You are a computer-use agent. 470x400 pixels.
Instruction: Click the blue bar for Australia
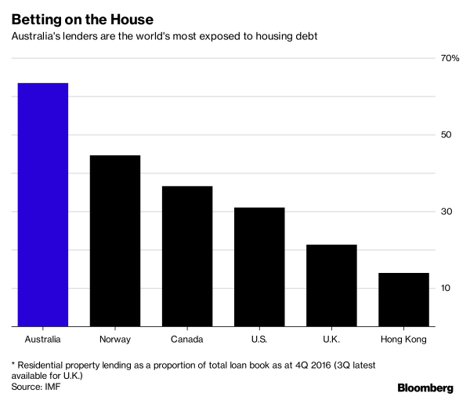click(43, 205)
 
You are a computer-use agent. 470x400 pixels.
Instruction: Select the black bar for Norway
click(115, 241)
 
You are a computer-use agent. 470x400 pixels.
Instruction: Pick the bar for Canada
click(187, 256)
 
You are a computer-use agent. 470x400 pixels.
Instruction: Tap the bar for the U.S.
click(259, 267)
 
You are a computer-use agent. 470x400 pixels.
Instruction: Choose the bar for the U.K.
click(331, 285)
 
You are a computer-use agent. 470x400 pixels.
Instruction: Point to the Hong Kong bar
click(403, 300)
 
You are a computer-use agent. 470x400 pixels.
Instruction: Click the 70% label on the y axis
click(450, 58)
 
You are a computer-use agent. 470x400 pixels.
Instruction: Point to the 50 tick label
click(446, 135)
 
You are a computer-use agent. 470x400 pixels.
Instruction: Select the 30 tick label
click(446, 212)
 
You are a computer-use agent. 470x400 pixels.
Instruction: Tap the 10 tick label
click(446, 288)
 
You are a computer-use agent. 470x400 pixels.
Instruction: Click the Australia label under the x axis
click(43, 340)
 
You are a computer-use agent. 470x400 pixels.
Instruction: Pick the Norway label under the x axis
click(115, 340)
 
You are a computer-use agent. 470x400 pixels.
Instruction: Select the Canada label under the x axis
click(187, 340)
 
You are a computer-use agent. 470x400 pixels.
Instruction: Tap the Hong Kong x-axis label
click(403, 340)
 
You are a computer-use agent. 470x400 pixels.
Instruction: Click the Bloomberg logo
click(425, 387)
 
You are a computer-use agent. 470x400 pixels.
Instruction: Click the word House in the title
click(132, 20)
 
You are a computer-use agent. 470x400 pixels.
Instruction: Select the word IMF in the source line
click(52, 387)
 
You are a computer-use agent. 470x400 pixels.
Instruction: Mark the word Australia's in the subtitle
click(36, 36)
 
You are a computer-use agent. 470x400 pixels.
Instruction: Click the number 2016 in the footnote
click(320, 365)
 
